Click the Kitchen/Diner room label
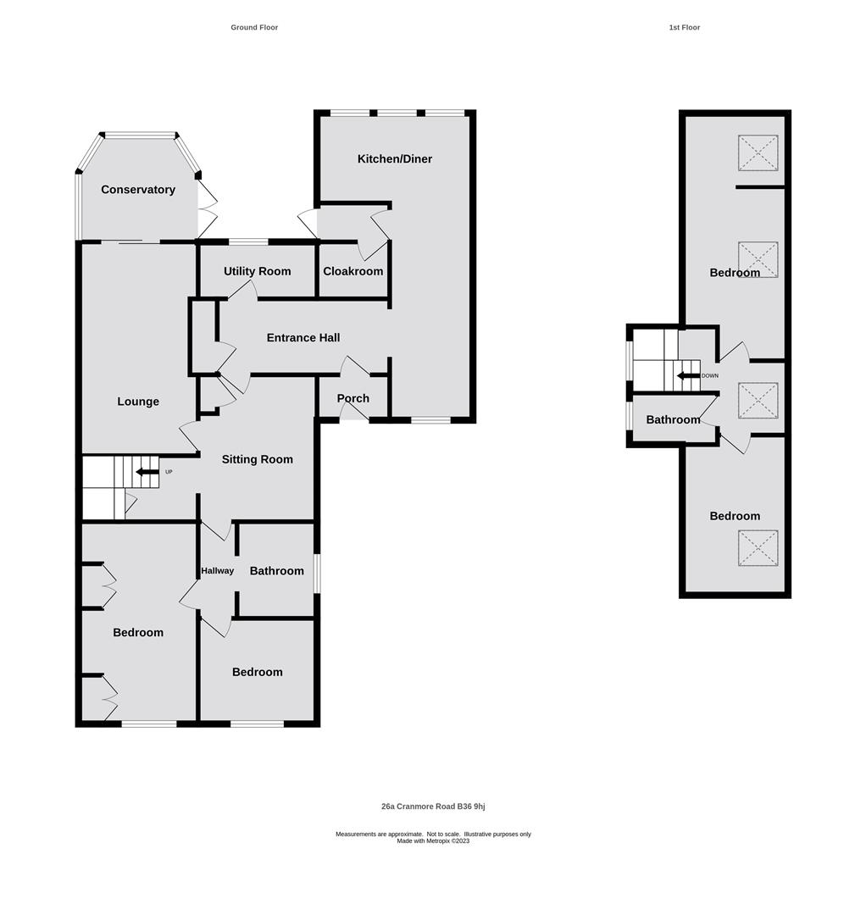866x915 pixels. [394, 159]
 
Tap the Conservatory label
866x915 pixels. [138, 190]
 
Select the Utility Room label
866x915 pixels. [257, 272]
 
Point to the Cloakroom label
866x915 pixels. [353, 272]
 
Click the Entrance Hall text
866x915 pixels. [303, 338]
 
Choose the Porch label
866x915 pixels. [353, 399]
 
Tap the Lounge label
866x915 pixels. [138, 402]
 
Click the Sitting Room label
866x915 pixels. [257, 460]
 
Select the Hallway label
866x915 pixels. [217, 571]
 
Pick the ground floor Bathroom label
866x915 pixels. [276, 572]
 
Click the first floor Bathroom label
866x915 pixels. [673, 420]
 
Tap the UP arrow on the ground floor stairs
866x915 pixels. [147, 472]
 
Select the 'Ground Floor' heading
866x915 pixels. [254, 28]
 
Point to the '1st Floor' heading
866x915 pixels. [684, 28]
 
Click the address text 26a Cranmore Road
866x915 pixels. [433, 807]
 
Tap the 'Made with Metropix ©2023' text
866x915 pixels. [433, 841]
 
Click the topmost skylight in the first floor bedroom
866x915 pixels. [758, 153]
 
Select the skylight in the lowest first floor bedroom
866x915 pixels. [758, 548]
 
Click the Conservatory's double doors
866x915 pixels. [207, 208]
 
